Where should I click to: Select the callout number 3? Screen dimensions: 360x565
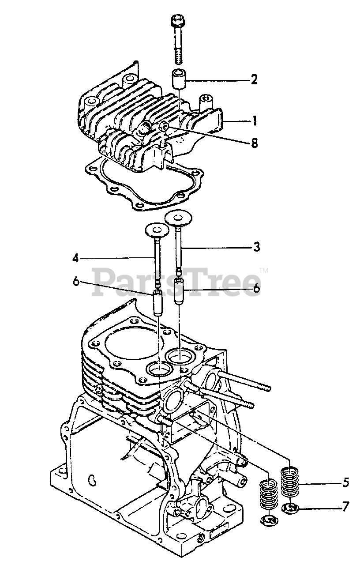[x=256, y=247]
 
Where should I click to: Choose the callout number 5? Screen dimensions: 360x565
[x=345, y=482]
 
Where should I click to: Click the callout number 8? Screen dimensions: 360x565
[x=254, y=143]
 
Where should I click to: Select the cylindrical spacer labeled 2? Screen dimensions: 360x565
[x=179, y=79]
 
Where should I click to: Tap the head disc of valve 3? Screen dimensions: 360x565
[x=180, y=217]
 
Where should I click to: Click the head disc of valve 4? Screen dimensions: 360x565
[x=156, y=230]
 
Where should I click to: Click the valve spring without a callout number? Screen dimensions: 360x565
[x=267, y=497]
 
